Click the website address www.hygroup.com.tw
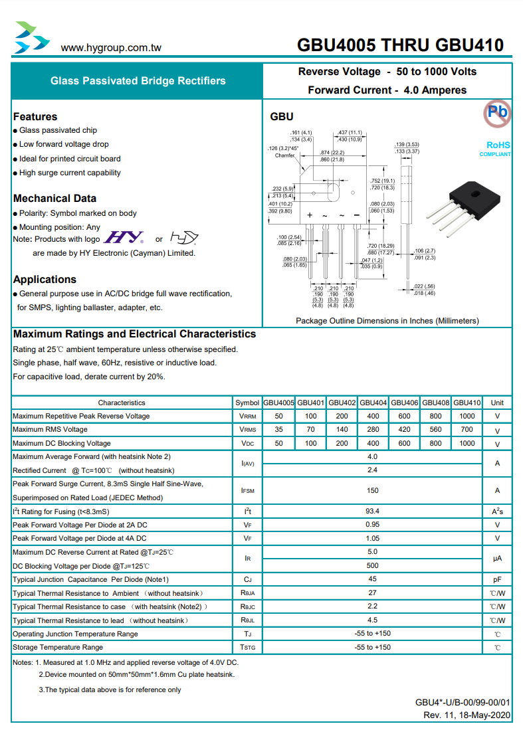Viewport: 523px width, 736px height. tap(110, 48)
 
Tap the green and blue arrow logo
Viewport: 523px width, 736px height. tap(31, 38)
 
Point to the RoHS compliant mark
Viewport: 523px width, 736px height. tap(498, 149)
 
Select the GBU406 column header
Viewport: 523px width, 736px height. tap(404, 403)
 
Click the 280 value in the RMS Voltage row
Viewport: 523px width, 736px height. tap(373, 430)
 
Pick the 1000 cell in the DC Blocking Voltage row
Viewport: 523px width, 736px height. tap(467, 443)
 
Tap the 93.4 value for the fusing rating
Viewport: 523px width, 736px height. tap(372, 511)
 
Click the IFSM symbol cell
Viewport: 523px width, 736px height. tap(247, 491)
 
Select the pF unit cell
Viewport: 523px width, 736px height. tap(497, 580)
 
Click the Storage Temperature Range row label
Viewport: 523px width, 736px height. tap(58, 647)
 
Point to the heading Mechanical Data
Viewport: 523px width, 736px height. tap(54, 198)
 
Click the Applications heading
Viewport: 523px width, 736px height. tap(45, 279)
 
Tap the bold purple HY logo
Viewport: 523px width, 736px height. tap(120, 238)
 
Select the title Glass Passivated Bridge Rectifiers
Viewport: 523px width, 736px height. tap(138, 81)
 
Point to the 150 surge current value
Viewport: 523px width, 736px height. tap(372, 491)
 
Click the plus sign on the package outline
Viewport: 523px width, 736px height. tap(310, 215)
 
